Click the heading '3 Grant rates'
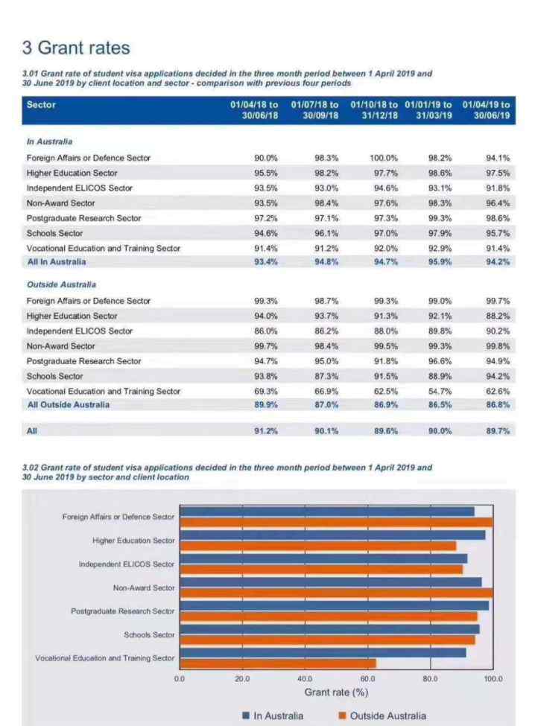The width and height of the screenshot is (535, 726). coord(76,48)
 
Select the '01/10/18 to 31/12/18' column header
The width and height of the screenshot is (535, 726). coord(374,110)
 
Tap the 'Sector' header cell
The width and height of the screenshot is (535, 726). coord(41,105)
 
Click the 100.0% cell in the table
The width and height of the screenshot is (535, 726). coord(384,158)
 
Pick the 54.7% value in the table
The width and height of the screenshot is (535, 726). coord(440,391)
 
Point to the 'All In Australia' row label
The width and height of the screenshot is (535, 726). coord(57,261)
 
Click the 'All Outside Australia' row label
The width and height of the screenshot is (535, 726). coord(69,404)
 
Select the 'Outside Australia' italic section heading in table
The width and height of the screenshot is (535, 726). coord(62,284)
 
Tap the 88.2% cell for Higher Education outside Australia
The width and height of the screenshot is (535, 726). coord(498,316)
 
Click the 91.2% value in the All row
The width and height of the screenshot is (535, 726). coord(266,430)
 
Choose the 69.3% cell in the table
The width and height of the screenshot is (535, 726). coord(266,391)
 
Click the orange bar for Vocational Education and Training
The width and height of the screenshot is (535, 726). coord(278,663)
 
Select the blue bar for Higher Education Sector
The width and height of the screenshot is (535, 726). coord(332,535)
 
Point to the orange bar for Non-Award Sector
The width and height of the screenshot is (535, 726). coord(336,593)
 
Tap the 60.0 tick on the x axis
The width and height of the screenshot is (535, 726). coord(368,679)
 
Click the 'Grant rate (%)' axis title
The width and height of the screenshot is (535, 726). coord(336,692)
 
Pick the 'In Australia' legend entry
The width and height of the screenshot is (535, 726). coord(273,716)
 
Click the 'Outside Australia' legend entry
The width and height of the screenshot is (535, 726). coord(382,716)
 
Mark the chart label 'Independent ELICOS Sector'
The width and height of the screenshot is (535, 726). coord(127,564)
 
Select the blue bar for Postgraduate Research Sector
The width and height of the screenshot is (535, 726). coord(334,605)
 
